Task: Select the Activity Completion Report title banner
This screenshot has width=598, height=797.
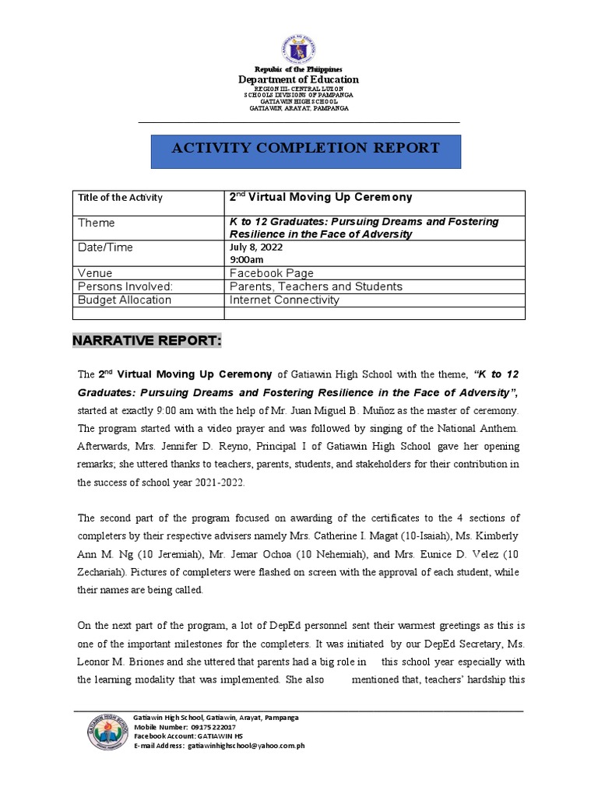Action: pyautogui.click(x=305, y=148)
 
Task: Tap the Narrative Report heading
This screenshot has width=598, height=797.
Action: pyautogui.click(x=147, y=341)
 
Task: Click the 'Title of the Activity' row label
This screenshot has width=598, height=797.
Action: pyautogui.click(x=120, y=198)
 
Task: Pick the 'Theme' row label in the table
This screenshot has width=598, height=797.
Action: pyautogui.click(x=97, y=223)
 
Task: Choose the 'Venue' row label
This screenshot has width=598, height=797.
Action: pyautogui.click(x=95, y=273)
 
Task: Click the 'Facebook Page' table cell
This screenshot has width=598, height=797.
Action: pyautogui.click(x=272, y=273)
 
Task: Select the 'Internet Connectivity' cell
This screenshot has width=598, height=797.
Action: pyautogui.click(x=284, y=300)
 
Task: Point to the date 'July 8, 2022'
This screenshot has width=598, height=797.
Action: pyautogui.click(x=256, y=248)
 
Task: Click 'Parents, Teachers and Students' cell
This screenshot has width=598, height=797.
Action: pyautogui.click(x=315, y=286)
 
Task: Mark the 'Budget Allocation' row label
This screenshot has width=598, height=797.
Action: pyautogui.click(x=125, y=300)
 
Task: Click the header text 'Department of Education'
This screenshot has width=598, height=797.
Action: pyautogui.click(x=298, y=79)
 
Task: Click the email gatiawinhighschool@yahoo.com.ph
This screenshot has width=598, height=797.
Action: pyautogui.click(x=244, y=745)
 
